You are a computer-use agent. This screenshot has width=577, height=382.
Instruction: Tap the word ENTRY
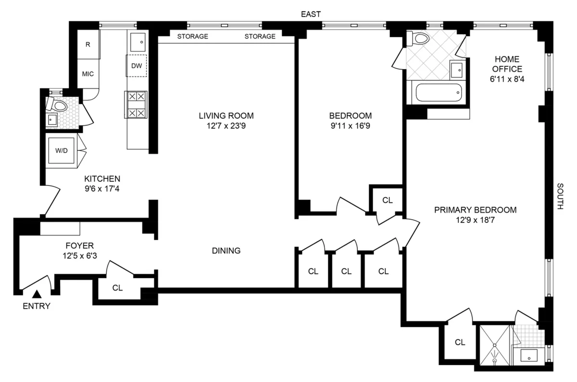pyautogui.click(x=37, y=307)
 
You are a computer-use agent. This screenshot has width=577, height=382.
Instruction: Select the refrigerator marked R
pyautogui.click(x=88, y=45)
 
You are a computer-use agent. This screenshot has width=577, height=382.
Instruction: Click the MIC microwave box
pyautogui.click(x=88, y=74)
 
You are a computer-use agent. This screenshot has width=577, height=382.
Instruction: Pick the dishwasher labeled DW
pyautogui.click(x=137, y=66)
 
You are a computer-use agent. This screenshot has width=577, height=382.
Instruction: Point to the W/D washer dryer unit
pyautogui.click(x=62, y=151)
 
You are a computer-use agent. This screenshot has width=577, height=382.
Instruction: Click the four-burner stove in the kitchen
pyautogui.click(x=135, y=105)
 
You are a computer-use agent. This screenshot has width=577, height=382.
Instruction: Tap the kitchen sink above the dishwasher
pyautogui.click(x=137, y=42)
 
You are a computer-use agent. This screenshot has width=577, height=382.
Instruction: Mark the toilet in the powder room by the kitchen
pyautogui.click(x=59, y=105)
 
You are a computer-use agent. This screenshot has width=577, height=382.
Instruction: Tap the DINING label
pyautogui.click(x=226, y=250)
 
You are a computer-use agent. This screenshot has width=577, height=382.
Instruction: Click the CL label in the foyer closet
pyautogui.click(x=117, y=288)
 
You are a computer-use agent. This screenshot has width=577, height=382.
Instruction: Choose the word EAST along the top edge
pyautogui.click(x=311, y=14)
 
